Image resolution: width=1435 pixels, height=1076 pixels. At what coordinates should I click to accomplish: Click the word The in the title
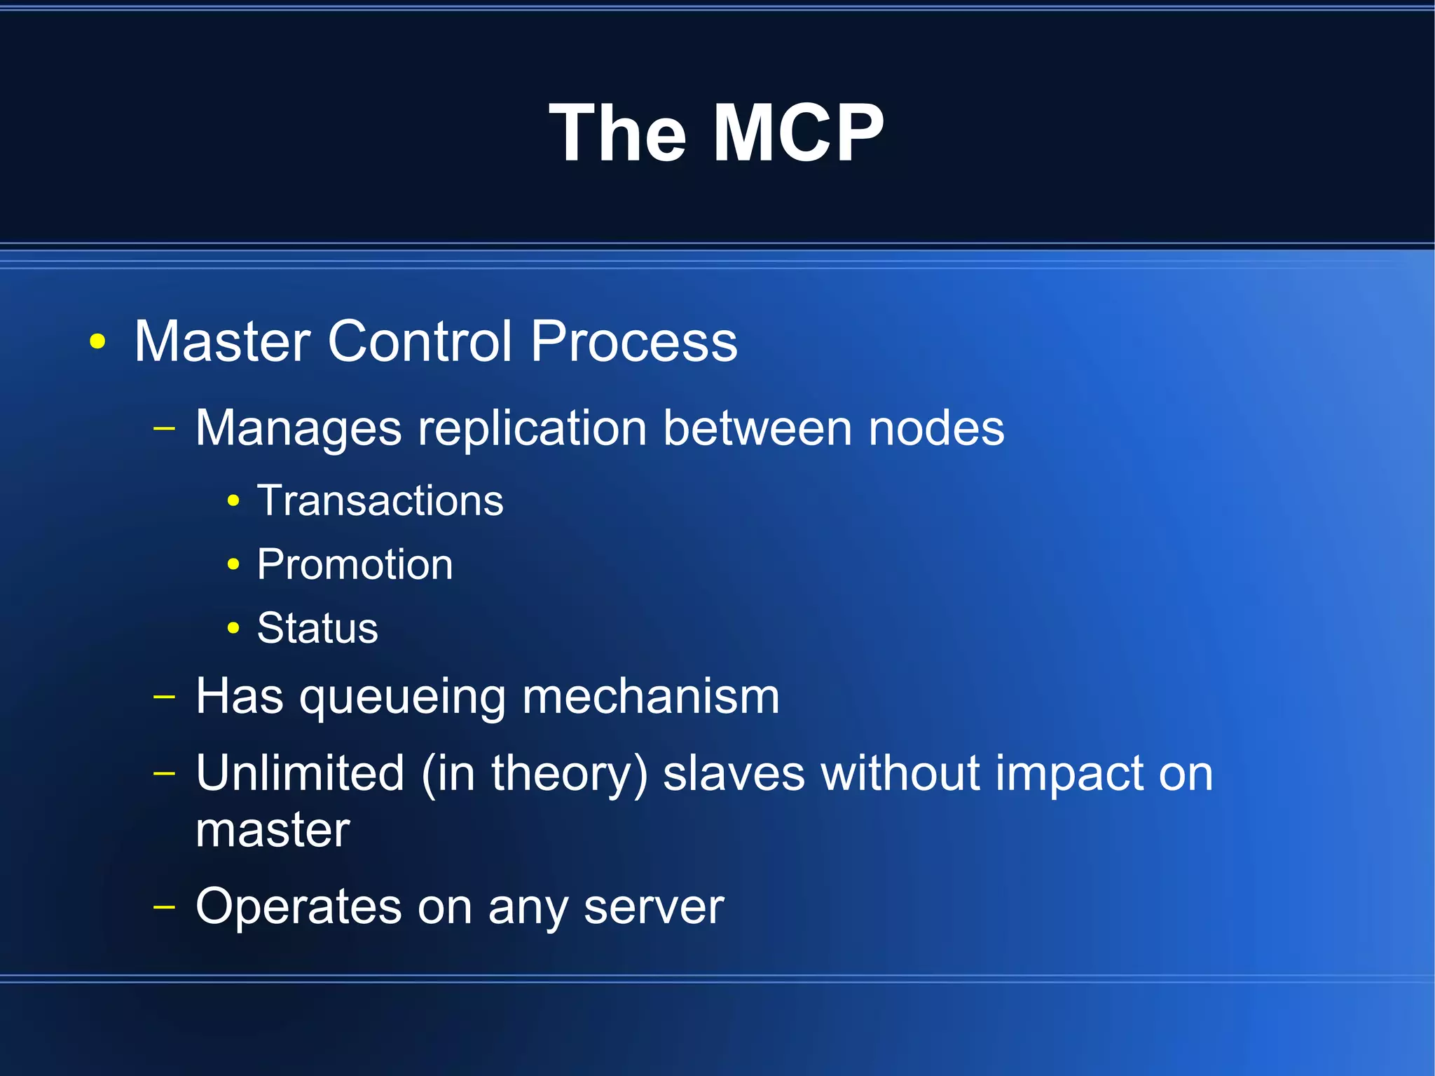(x=617, y=133)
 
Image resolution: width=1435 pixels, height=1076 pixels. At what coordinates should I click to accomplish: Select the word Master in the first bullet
(x=222, y=341)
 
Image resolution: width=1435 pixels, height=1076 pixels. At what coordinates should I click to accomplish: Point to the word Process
(x=633, y=341)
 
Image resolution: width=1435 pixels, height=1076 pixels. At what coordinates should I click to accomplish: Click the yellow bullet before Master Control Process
(x=98, y=342)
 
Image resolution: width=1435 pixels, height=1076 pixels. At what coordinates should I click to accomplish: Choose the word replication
(x=533, y=428)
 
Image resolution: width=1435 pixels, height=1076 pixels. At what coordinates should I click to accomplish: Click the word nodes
(x=936, y=428)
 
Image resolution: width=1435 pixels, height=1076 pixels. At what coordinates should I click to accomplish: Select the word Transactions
(x=380, y=500)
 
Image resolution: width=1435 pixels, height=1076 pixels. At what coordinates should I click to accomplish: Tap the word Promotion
(x=355, y=564)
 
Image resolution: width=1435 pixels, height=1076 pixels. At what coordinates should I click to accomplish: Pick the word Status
(x=317, y=628)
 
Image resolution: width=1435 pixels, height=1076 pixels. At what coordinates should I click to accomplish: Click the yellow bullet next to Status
(x=233, y=628)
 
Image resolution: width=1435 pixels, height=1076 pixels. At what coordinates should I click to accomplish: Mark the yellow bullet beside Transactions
(x=233, y=501)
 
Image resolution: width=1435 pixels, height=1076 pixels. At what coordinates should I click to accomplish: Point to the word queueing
(x=403, y=698)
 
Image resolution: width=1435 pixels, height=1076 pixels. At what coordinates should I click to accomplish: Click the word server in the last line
(x=654, y=907)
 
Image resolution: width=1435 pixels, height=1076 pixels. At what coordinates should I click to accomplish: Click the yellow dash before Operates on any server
(x=164, y=907)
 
